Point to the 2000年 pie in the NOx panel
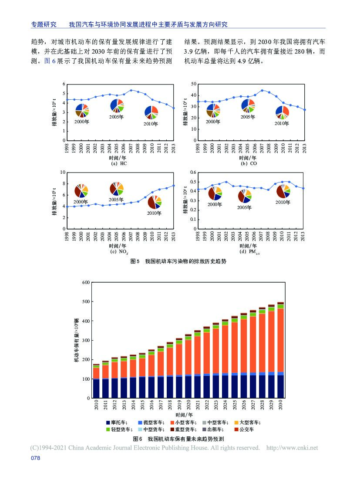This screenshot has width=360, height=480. pyautogui.click(x=81, y=191)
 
